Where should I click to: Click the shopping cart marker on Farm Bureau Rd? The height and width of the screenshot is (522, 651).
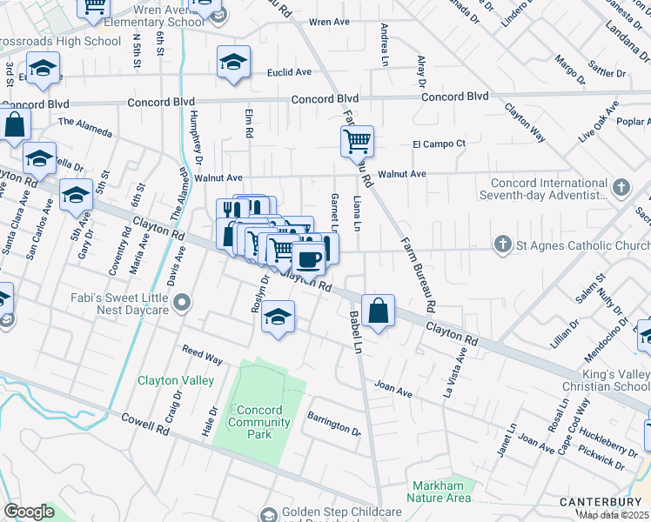(x=357, y=139)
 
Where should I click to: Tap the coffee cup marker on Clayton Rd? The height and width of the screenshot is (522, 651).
(x=308, y=258)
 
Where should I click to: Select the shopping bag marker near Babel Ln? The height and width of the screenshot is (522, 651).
(x=379, y=311)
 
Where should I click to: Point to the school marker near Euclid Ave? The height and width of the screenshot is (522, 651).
(x=233, y=62)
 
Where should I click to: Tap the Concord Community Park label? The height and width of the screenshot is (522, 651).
(x=259, y=417)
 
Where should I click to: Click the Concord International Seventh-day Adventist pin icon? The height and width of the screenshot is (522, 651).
(x=621, y=186)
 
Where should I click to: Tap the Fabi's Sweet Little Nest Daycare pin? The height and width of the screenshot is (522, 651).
(x=182, y=303)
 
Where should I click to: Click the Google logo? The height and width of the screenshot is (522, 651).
(x=30, y=512)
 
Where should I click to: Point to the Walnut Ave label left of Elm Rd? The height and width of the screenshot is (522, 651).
(x=218, y=177)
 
